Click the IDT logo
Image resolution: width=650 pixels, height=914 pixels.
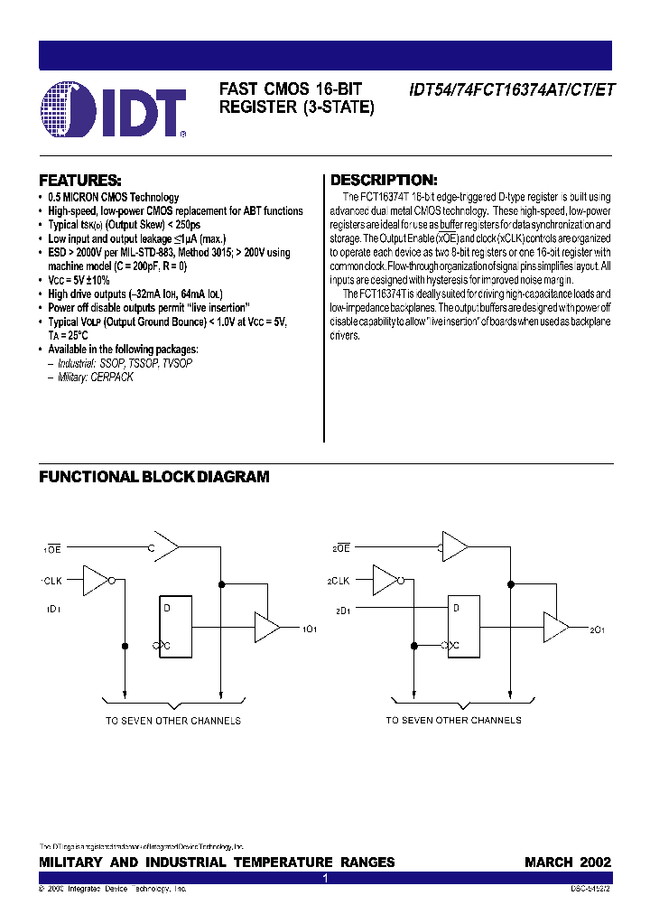click(114, 109)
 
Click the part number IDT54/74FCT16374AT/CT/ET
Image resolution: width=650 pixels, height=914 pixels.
click(511, 89)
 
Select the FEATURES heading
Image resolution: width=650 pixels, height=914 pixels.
click(80, 180)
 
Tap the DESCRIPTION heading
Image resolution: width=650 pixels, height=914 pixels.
click(384, 180)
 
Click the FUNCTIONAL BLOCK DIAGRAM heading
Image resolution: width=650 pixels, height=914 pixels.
click(153, 477)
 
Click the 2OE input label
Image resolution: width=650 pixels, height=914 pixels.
click(341, 547)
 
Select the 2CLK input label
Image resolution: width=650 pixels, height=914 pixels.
click(339, 580)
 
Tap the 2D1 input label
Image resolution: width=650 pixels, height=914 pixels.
click(342, 611)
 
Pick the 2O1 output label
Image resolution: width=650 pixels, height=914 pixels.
click(598, 628)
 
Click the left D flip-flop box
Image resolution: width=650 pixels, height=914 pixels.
click(176, 626)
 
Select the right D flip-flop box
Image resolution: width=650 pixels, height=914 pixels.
click(467, 626)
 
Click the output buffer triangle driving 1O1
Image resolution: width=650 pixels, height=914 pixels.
click(267, 627)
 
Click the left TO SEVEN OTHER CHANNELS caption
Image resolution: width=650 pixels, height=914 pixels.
click(173, 721)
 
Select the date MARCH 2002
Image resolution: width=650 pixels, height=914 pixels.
click(568, 863)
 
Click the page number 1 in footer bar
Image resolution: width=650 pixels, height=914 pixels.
click(325, 878)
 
